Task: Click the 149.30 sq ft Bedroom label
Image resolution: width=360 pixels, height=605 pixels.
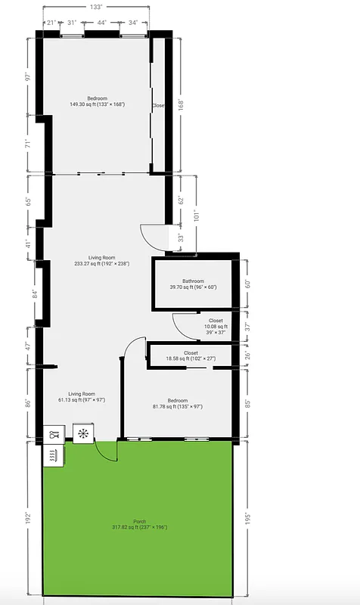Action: coord(97,101)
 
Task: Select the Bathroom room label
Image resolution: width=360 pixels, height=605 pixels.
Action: coord(193,284)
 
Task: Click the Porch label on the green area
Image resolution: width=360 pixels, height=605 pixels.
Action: coord(139,524)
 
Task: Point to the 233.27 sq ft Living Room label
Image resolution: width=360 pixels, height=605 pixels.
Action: coord(101,261)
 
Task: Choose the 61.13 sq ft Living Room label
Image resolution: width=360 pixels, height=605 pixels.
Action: coord(82,397)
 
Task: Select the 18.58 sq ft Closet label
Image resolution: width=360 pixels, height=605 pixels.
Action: coord(191,356)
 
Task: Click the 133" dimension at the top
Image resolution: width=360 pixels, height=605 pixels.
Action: coord(95,7)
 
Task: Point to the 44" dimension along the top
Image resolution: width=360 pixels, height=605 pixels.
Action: coord(101,23)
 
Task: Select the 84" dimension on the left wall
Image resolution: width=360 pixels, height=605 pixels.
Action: coord(28,294)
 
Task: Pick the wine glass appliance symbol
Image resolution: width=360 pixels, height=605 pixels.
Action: coord(53,435)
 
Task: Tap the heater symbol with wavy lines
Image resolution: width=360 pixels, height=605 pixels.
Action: coord(53,455)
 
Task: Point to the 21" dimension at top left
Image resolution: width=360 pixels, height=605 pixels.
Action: coord(51,23)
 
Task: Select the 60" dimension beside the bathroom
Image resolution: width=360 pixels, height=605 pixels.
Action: coord(247,284)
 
